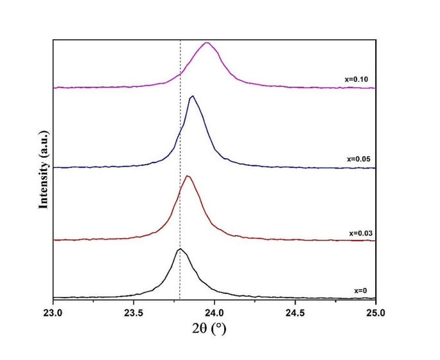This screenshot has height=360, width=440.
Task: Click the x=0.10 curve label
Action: pyautogui.click(x=355, y=80)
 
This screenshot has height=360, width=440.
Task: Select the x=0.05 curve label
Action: pyautogui.click(x=355, y=158)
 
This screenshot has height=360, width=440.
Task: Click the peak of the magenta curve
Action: pyautogui.click(x=207, y=43)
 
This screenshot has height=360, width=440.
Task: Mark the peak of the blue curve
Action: pyautogui.click(x=191, y=96)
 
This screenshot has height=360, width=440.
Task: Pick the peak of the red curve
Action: pyautogui.click(x=187, y=176)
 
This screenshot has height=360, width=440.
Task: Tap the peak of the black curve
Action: pyautogui.click(x=180, y=249)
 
